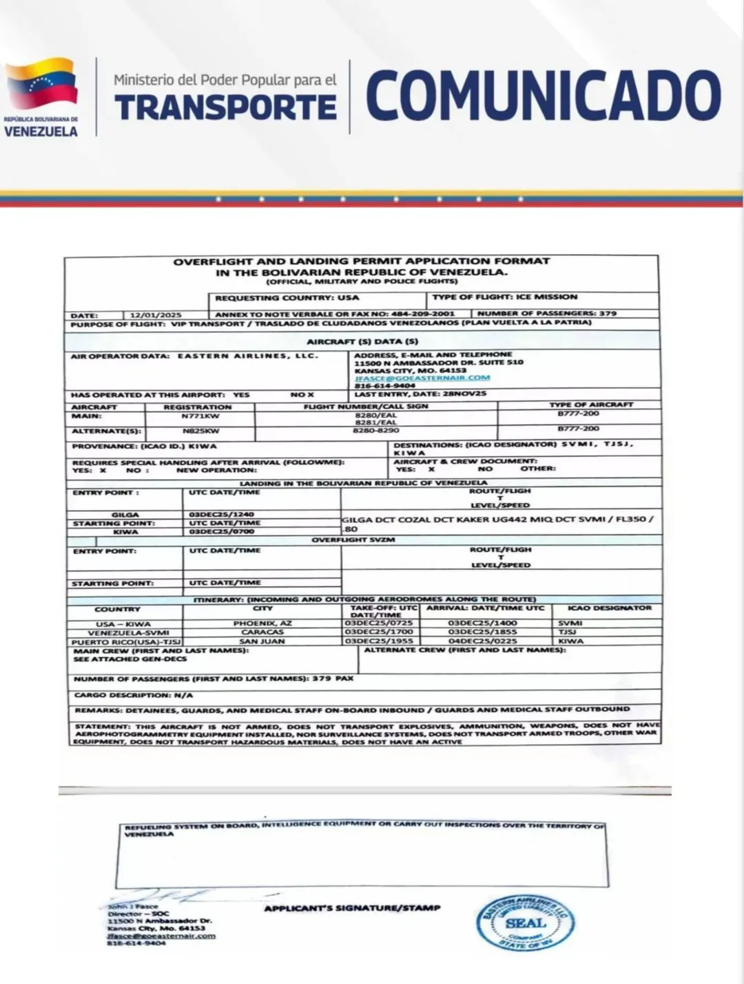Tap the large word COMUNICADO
click(x=544, y=96)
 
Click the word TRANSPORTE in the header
click(x=225, y=107)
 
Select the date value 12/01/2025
click(x=156, y=314)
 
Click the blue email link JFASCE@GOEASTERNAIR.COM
click(x=422, y=378)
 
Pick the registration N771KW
click(x=200, y=416)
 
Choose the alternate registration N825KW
click(x=200, y=431)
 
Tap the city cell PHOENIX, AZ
click(x=262, y=623)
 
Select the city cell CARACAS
click(x=262, y=632)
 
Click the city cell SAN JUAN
click(x=262, y=641)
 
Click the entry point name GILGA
click(x=125, y=515)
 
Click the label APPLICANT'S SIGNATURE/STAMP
click(x=351, y=908)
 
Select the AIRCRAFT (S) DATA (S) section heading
click(x=362, y=341)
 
